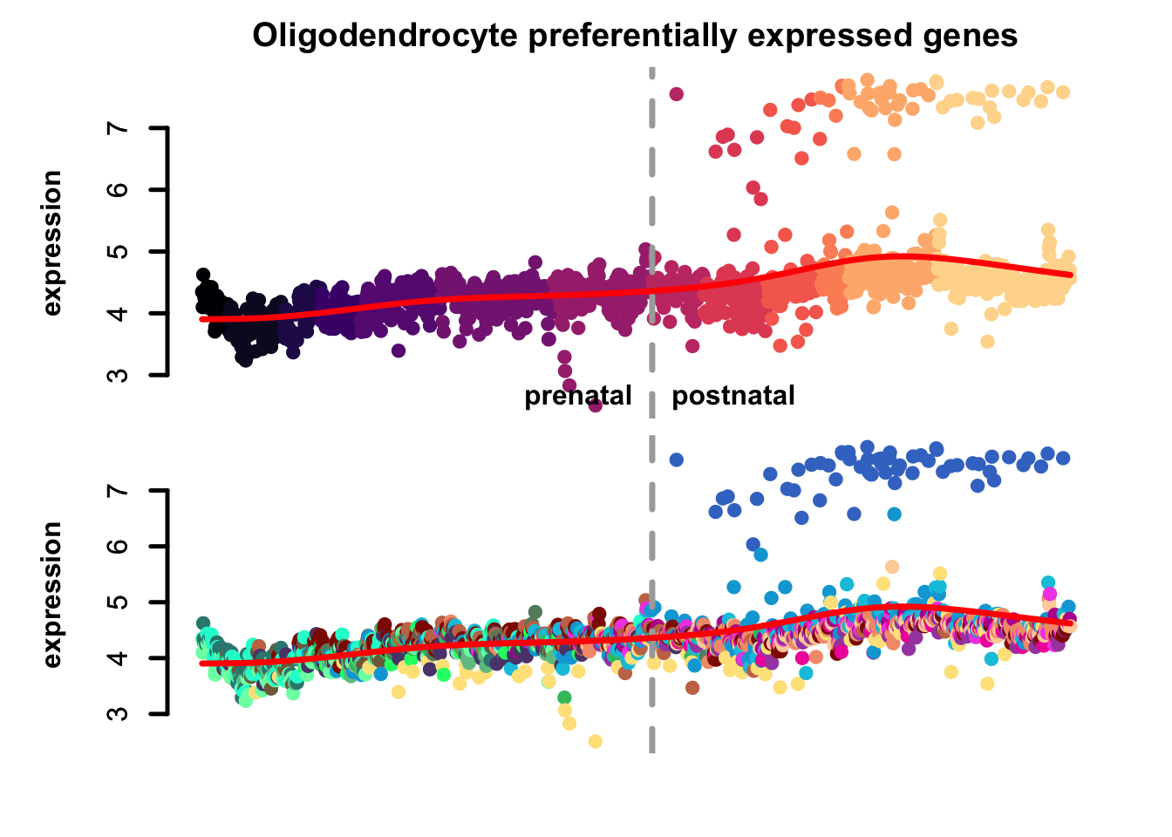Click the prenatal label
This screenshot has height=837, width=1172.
point(577,397)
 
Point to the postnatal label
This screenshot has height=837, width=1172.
point(733,397)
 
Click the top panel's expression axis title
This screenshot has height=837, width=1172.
point(52,242)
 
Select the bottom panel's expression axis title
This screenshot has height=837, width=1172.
point(52,595)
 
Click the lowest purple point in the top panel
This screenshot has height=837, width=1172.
point(596,405)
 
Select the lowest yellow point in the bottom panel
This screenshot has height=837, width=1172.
point(596,741)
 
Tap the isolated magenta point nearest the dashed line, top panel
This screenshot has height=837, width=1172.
point(676,94)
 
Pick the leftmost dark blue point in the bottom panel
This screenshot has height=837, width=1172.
point(676,459)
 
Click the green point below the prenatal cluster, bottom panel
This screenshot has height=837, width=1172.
point(564,697)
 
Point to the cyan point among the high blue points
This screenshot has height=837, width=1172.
point(894,514)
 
